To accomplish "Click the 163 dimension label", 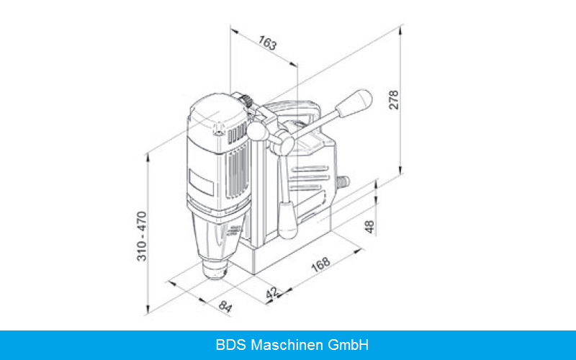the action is tap(267, 42).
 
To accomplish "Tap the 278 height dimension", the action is tap(394, 99).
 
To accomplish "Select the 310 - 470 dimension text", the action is tap(142, 236).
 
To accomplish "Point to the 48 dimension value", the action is tap(370, 227).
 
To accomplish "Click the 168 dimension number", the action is tap(320, 264).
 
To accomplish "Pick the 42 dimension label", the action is tap(272, 293).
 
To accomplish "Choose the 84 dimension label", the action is tap(225, 306).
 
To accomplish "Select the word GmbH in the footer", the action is tap(348, 345).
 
